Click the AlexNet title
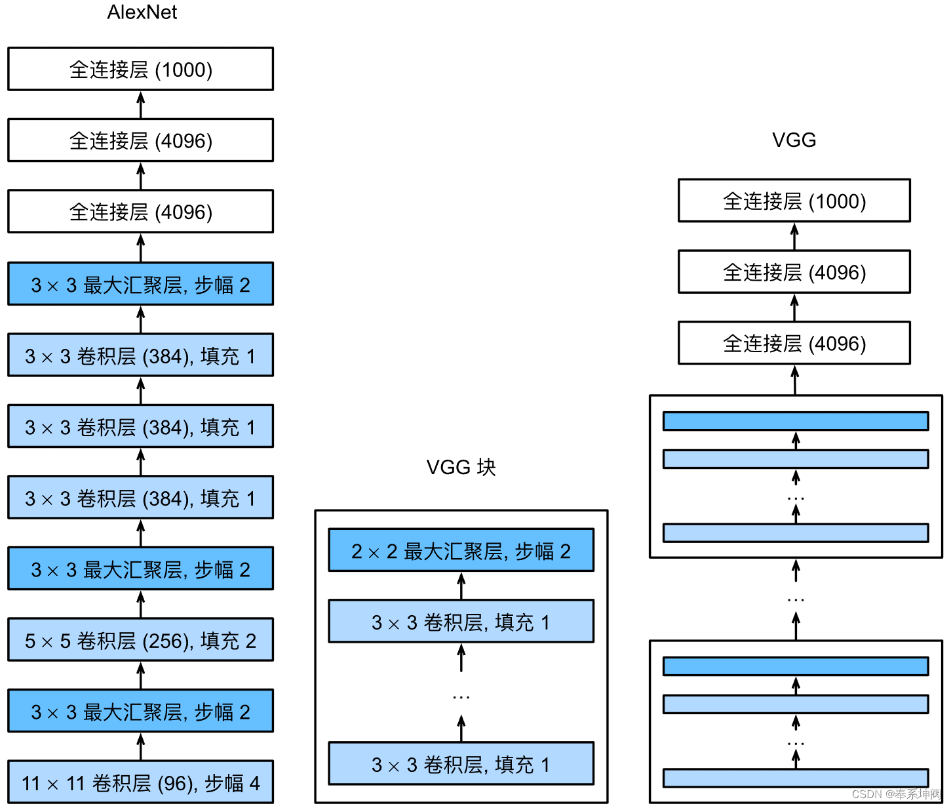[142, 12]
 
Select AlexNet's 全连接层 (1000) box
[140, 69]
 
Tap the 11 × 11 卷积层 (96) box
[140, 782]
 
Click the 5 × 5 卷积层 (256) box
[140, 640]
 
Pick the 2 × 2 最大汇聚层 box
[461, 551]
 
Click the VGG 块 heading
[461, 467]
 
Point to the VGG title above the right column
[794, 140]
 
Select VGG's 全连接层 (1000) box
[794, 201]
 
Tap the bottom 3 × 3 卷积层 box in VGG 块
[461, 764]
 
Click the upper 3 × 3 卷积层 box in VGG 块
[461, 622]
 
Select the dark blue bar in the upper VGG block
[795, 421]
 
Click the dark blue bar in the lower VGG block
[795, 666]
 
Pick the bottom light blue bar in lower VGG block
[795, 778]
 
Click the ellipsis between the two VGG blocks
[795, 599]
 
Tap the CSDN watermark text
[895, 794]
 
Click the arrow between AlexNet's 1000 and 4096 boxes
[140, 104]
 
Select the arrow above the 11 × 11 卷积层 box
[140, 746]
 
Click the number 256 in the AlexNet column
[166, 641]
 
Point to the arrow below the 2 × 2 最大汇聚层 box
[461, 585]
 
